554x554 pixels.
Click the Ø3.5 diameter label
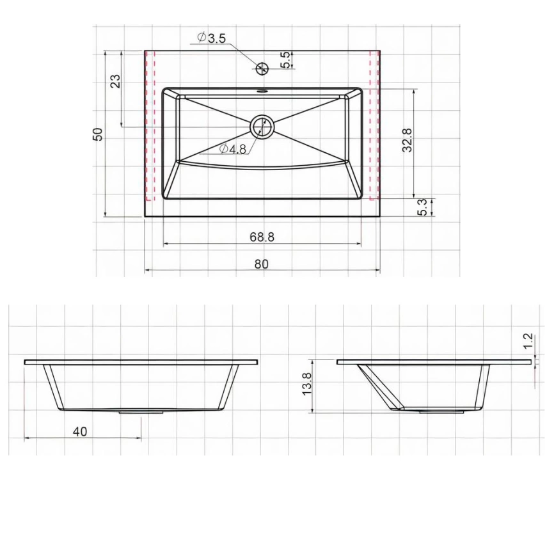click(x=212, y=38)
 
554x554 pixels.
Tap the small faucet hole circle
click(x=261, y=67)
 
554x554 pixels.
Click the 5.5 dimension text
click(x=286, y=59)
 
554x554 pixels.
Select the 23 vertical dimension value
click(x=115, y=81)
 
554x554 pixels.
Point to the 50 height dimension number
click(x=98, y=134)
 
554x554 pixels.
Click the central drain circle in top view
click(x=262, y=126)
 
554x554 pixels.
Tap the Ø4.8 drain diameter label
click(x=233, y=149)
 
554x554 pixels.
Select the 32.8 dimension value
click(x=408, y=140)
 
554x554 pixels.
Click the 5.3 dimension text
click(x=423, y=207)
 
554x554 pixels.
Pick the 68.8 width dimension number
click(x=262, y=237)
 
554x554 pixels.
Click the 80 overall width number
click(x=262, y=264)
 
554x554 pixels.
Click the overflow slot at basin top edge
click(x=262, y=91)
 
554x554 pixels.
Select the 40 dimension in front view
click(x=80, y=432)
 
